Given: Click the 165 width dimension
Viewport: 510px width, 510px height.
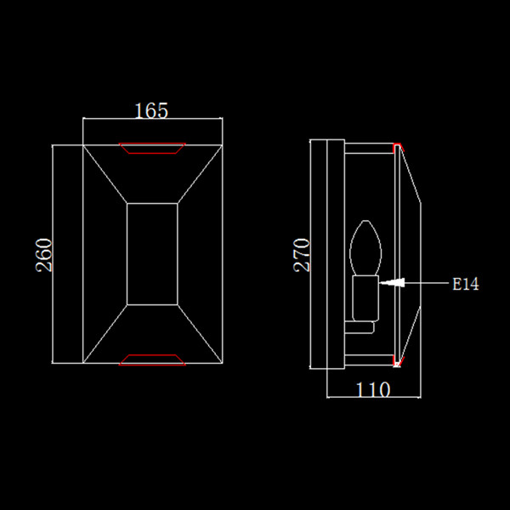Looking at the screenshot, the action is pyautogui.click(x=151, y=110).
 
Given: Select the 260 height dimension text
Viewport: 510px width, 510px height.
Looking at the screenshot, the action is pyautogui.click(x=44, y=255).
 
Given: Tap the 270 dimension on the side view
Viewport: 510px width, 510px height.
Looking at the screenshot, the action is pyautogui.click(x=302, y=255).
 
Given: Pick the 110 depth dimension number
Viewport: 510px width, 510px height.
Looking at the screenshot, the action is pyautogui.click(x=373, y=389).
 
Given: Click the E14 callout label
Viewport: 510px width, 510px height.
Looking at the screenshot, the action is pyautogui.click(x=466, y=284).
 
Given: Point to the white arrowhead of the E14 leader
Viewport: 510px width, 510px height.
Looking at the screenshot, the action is pyautogui.click(x=392, y=283).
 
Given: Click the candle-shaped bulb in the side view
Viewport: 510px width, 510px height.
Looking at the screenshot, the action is pyautogui.click(x=365, y=248).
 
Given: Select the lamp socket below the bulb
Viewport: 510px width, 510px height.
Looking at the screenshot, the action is pyautogui.click(x=365, y=298).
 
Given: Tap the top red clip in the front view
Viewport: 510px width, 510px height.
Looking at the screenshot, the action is pyautogui.click(x=152, y=148).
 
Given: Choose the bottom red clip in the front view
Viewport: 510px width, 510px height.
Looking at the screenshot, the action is pyautogui.click(x=152, y=360).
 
